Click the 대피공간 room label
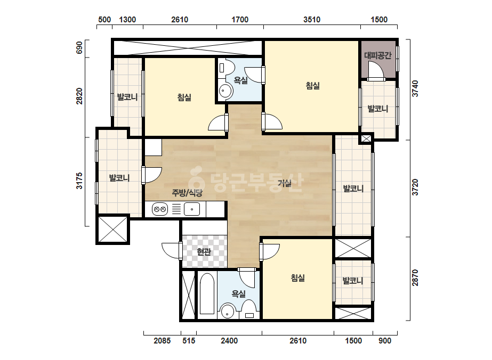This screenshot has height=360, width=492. (x=378, y=55)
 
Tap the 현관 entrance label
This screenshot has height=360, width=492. (x=204, y=251)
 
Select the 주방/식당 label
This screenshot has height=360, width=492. (x=187, y=193)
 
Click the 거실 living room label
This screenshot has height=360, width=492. (x=285, y=183)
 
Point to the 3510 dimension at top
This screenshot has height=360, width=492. (x=312, y=20)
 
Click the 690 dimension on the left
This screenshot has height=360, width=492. (x=79, y=48)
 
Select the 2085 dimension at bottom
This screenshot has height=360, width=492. (x=162, y=340)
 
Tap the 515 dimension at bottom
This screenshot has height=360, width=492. (x=189, y=340)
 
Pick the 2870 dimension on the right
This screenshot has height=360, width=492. (x=415, y=278)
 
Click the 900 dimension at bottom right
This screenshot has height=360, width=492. (x=385, y=340)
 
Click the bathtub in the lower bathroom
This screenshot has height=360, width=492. (x=207, y=293)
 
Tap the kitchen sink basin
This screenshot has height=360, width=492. (x=192, y=209)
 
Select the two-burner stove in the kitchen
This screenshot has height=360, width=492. (x=160, y=209)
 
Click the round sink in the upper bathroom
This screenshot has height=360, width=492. (x=225, y=91)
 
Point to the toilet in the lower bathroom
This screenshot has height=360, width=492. (x=249, y=309)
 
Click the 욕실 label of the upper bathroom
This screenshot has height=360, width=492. (x=240, y=80)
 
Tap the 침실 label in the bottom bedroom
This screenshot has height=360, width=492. (x=298, y=278)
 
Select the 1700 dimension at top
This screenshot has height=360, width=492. (x=240, y=20)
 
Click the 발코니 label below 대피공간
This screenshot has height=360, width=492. (x=378, y=109)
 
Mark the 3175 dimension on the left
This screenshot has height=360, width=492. (x=79, y=181)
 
